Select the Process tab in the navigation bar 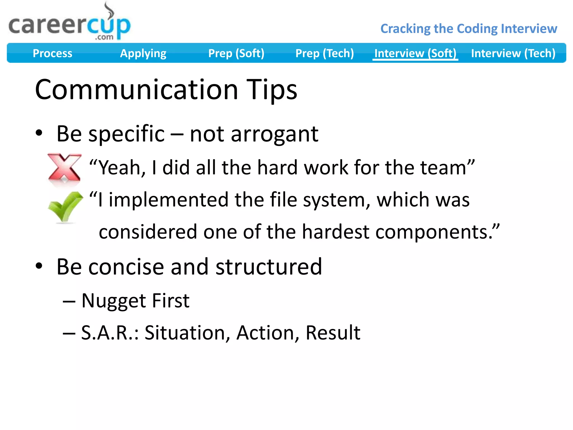click(x=52, y=53)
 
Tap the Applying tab click(x=143, y=53)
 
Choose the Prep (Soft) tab click(x=236, y=53)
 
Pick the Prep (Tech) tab click(x=325, y=53)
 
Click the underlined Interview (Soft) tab click(x=415, y=53)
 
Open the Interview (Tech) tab click(x=513, y=53)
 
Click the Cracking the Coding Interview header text click(x=469, y=29)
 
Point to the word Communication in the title click(x=136, y=90)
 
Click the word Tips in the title click(x=271, y=90)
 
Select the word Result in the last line click(x=333, y=333)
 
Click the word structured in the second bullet click(x=269, y=267)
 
